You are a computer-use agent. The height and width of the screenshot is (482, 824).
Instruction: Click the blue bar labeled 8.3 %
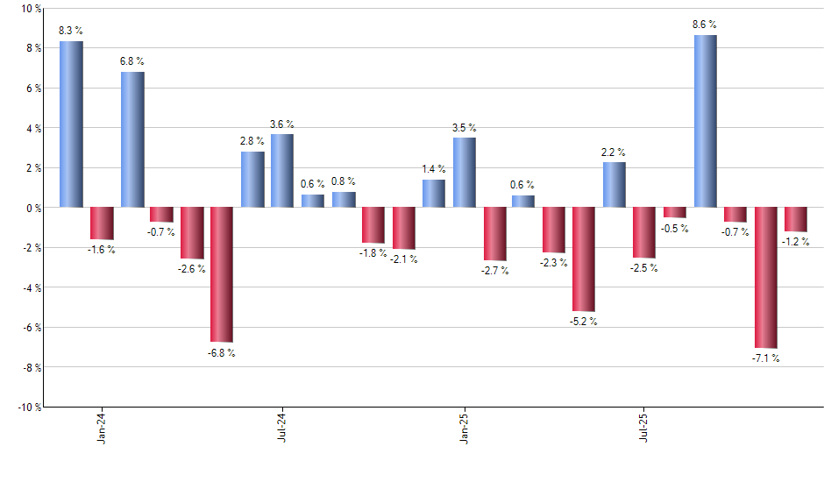[72, 124]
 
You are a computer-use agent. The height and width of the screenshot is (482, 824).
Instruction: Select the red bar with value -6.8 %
[222, 274]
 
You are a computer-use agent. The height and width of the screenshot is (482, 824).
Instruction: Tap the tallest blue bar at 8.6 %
[706, 121]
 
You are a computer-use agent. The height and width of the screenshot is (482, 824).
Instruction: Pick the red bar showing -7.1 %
[766, 278]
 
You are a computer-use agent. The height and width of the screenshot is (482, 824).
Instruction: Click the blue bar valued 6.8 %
[132, 139]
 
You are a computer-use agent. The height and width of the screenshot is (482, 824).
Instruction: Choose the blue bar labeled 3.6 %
[282, 171]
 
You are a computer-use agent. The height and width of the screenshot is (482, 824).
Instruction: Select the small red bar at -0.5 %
[675, 212]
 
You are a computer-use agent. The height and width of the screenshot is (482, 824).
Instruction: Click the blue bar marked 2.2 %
[614, 185]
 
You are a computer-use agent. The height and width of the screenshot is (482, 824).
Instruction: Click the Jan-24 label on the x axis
[102, 428]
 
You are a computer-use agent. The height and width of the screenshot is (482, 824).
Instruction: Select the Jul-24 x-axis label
[282, 428]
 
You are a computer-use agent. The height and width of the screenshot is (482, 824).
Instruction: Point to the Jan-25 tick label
[464, 428]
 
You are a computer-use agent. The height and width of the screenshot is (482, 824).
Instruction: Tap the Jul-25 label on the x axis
[644, 428]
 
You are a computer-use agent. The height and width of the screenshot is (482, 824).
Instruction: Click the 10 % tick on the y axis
[30, 9]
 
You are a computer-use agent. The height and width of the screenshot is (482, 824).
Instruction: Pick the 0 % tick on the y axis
[33, 208]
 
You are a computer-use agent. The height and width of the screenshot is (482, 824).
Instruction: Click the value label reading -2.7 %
[494, 271]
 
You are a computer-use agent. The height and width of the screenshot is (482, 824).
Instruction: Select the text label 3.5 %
[465, 128]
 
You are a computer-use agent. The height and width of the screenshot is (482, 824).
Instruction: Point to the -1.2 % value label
[796, 241]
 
